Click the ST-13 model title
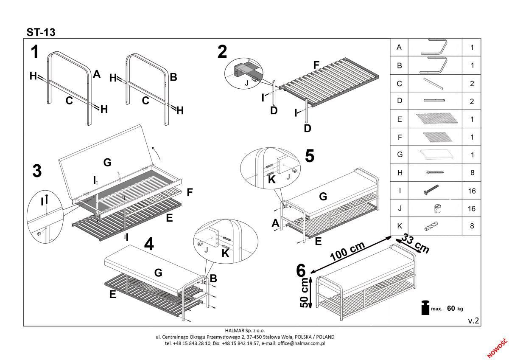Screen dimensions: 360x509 (x=41, y=32)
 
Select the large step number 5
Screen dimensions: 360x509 (x=310, y=156)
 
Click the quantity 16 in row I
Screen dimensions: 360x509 (x=472, y=191)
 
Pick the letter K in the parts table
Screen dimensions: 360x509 (x=399, y=226)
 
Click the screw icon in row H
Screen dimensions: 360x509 (x=435, y=173)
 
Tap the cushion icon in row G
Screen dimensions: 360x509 (x=435, y=155)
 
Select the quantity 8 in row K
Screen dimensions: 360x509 (x=472, y=226)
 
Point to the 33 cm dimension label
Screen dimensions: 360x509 (x=415, y=243)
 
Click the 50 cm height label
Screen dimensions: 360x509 (x=305, y=293)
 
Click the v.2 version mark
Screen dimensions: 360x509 (x=473, y=321)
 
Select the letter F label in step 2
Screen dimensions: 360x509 (x=316, y=65)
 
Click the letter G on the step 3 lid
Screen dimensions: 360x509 (x=107, y=162)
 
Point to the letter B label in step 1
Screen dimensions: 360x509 (x=173, y=77)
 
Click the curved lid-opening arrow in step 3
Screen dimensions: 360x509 (x=156, y=149)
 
